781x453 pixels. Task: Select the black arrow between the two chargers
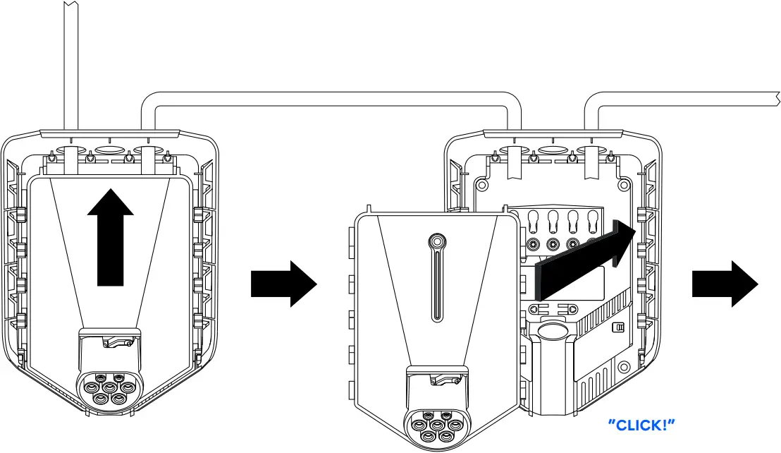[284, 283]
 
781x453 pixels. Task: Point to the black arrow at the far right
[725, 283]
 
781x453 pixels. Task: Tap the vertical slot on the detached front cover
[437, 282]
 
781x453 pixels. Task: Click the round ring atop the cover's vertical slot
[437, 241]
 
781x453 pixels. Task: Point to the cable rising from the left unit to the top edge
[70, 64]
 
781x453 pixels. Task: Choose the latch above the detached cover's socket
[444, 381]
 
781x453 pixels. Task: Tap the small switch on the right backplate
[619, 327]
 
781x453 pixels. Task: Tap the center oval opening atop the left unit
[108, 150]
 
